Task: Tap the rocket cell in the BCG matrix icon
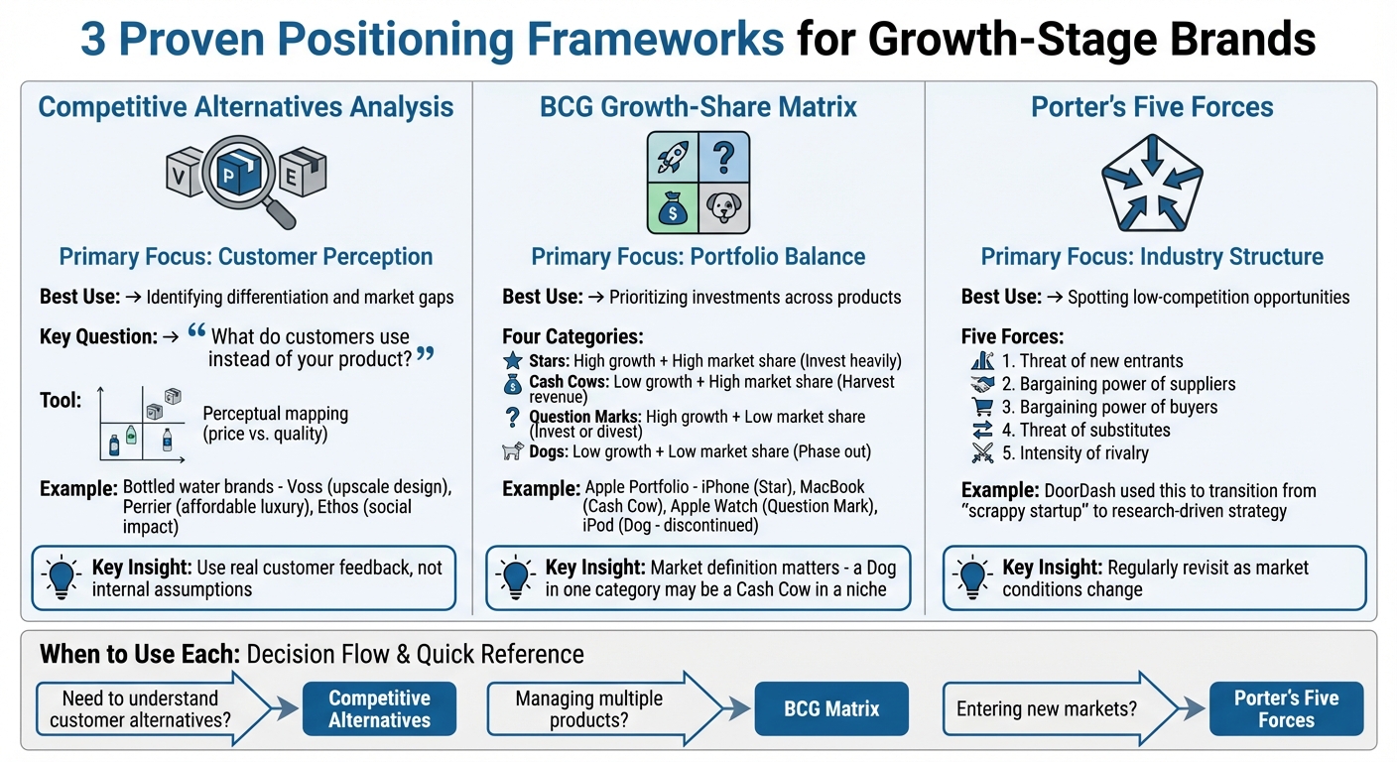pos(673,157)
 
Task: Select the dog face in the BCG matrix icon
pos(724,207)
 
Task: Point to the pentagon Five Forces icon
pos(1151,182)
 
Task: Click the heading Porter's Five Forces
pos(1152,106)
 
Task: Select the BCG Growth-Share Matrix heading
pos(698,106)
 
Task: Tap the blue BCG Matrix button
pos(831,708)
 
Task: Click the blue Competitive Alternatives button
pos(379,708)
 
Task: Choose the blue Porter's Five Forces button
pos(1286,708)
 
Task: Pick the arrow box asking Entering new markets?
pos(1052,708)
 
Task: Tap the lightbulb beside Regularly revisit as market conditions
pos(970,576)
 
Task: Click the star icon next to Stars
pos(513,361)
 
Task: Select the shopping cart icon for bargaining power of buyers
pos(981,407)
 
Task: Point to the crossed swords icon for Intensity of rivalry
pos(981,453)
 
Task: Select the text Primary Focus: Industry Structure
pos(1152,257)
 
